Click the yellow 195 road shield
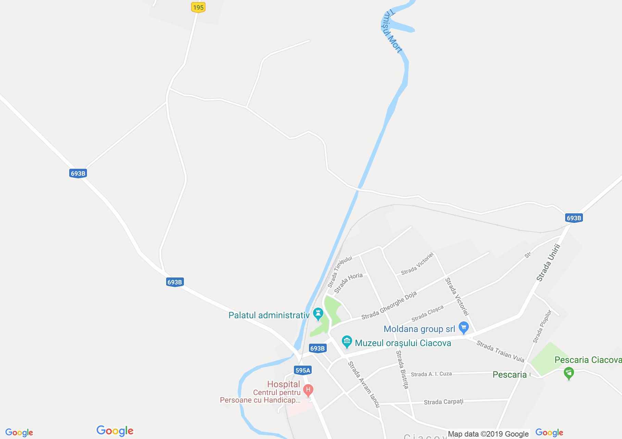tap(198, 7)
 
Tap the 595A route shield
tap(302, 370)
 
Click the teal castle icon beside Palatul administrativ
tap(318, 314)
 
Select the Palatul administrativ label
tap(269, 315)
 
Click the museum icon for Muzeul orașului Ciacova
tap(347, 342)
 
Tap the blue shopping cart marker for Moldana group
tap(463, 328)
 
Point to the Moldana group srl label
tap(419, 329)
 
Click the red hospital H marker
tap(308, 390)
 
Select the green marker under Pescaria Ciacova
tap(569, 373)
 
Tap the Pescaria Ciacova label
tap(588, 360)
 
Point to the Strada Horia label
tap(348, 283)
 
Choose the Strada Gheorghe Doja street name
tap(389, 305)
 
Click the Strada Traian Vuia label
tap(500, 352)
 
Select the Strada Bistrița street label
tap(402, 369)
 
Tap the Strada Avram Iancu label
tap(364, 384)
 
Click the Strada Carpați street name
tap(444, 402)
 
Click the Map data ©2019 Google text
tap(488, 434)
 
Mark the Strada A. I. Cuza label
tap(431, 374)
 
